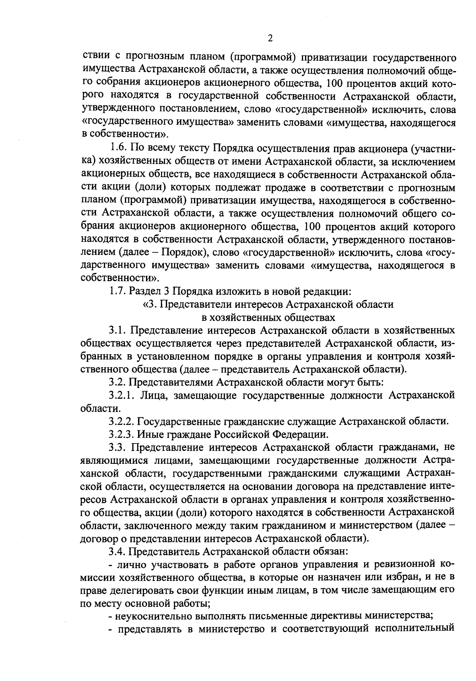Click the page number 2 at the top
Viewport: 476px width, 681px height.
(270, 39)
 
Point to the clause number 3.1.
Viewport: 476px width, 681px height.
(117, 330)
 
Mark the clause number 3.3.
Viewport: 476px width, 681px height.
(117, 447)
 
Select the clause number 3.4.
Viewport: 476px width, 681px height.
(117, 552)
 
